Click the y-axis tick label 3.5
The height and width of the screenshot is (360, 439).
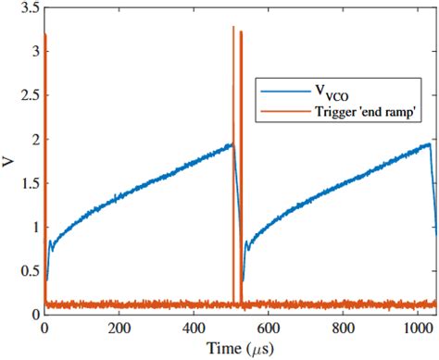pos(28,7)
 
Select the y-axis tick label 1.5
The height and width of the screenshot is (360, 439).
pos(28,183)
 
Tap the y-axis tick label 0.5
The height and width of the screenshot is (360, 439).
pos(28,271)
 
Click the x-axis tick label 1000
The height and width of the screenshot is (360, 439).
pos(418,328)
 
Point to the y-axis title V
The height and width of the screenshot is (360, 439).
pos(8,162)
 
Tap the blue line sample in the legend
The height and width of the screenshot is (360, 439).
pos(284,92)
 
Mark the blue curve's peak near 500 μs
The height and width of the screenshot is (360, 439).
pos(232,144)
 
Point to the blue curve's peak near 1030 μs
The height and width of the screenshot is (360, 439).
pos(429,143)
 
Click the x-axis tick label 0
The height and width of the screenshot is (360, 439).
pos(44,328)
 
